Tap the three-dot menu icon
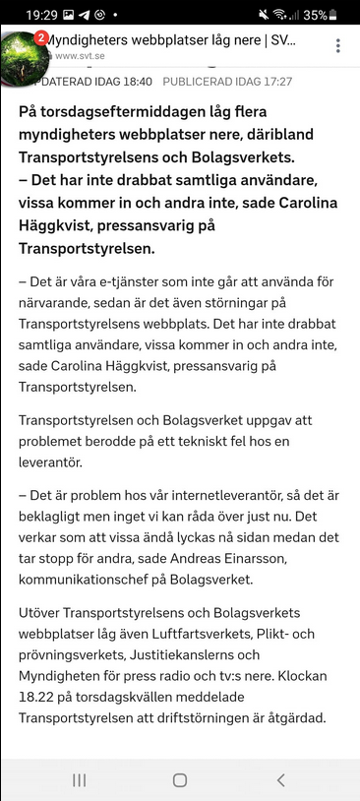(338, 46)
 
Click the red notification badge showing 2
(41, 37)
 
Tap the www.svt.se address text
(81, 56)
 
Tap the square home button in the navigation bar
(180, 780)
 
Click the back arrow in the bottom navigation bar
(280, 780)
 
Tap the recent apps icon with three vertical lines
(80, 780)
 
